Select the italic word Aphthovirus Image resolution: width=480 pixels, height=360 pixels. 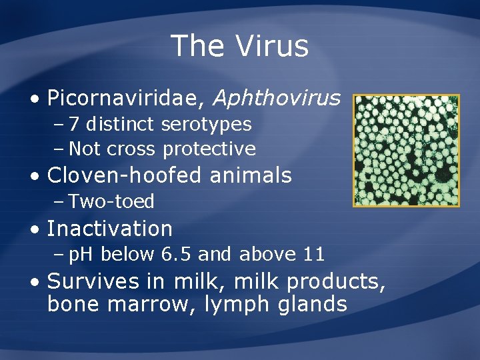coord(277,99)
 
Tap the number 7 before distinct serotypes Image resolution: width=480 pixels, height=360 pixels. coord(74,125)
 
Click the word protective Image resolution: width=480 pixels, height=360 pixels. coord(209,149)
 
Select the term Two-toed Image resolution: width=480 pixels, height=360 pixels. coord(111,201)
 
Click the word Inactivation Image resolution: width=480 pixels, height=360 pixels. coord(110,229)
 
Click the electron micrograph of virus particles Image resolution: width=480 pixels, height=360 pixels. coord(405,150)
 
